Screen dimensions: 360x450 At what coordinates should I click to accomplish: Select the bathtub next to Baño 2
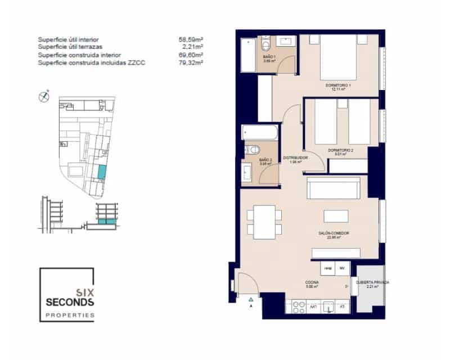click(260, 133)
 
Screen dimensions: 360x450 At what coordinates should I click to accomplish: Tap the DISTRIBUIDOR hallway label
click(295, 159)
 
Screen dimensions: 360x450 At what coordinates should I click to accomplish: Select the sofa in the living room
click(333, 187)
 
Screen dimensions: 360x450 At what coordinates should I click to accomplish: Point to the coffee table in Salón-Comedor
click(336, 217)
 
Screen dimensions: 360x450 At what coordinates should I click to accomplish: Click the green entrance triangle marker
click(250, 299)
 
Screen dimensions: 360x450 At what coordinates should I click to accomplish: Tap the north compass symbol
click(43, 96)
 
